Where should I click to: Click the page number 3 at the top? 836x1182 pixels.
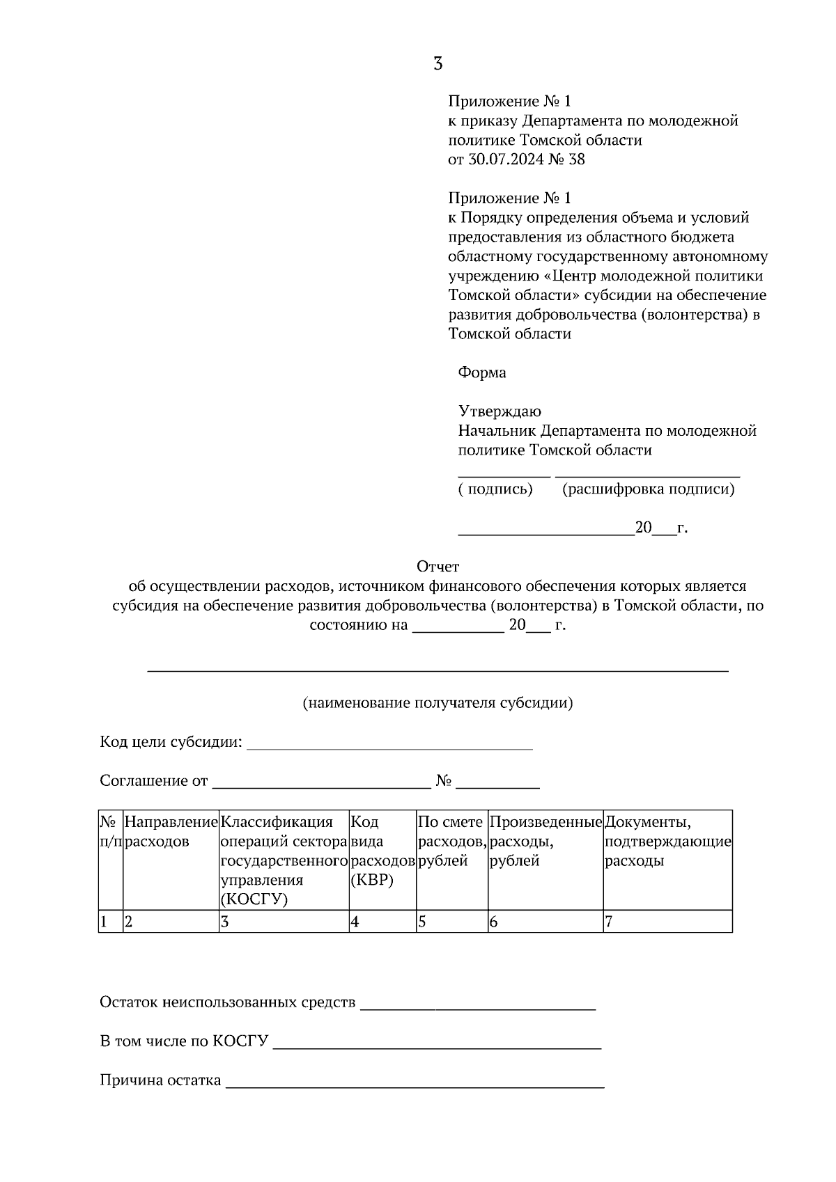click(x=438, y=64)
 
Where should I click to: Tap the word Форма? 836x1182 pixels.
click(x=482, y=372)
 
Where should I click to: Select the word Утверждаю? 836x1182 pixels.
click(x=500, y=411)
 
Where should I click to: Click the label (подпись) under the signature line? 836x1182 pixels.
click(x=495, y=489)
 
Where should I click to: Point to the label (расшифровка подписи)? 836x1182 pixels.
click(x=648, y=489)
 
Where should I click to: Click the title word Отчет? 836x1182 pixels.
click(x=438, y=567)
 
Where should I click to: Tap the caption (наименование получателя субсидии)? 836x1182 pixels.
click(x=438, y=703)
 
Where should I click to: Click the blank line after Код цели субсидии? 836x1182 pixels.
click(x=390, y=748)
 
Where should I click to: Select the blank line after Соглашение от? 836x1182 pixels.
click(x=321, y=787)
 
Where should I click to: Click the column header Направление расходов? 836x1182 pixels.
click(x=171, y=832)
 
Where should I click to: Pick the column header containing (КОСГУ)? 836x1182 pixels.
click(x=284, y=860)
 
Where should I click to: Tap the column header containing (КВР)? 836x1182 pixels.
click(x=382, y=851)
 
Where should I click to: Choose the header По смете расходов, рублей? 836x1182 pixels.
click(x=451, y=841)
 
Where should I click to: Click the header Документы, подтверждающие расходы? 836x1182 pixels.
click(x=667, y=841)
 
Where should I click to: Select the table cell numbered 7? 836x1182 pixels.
click(x=667, y=922)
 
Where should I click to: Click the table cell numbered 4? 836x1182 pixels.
click(x=382, y=922)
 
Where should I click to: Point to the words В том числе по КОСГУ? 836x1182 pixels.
click(x=184, y=1042)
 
